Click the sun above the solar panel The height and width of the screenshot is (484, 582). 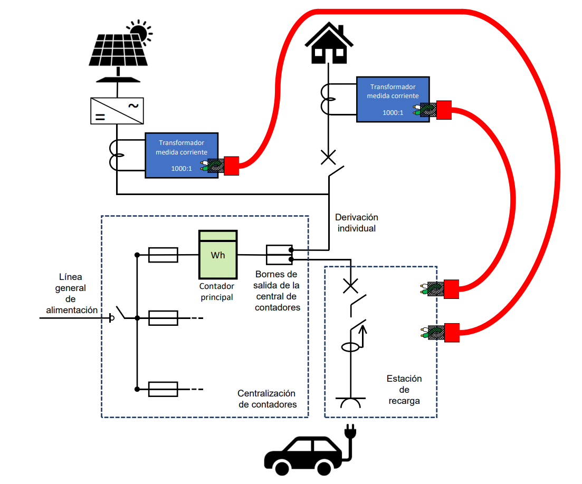pos(139,32)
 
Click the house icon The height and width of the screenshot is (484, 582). pos(329,43)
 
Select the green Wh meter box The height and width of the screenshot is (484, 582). pos(218,255)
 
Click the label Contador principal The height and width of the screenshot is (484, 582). pos(216,292)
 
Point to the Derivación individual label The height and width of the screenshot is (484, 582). pos(357,222)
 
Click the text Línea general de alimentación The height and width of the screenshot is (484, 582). pos(72,293)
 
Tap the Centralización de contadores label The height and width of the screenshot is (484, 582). pos(267,399)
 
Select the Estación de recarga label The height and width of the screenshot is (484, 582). pos(404,389)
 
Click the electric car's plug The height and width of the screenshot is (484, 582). pos(350,432)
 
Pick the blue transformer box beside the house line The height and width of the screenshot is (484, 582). pos(393,99)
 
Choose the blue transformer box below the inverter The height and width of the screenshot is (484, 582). pos(182,155)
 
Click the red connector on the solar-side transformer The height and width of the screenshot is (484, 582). pos(232,166)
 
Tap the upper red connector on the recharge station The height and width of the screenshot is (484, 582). pos(451,289)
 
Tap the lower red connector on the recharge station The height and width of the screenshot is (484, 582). pos(451,333)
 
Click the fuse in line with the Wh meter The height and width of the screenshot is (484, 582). pos(163,255)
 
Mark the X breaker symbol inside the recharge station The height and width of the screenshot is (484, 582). pos(350,286)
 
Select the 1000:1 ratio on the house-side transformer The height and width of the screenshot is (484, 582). pos(393,112)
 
